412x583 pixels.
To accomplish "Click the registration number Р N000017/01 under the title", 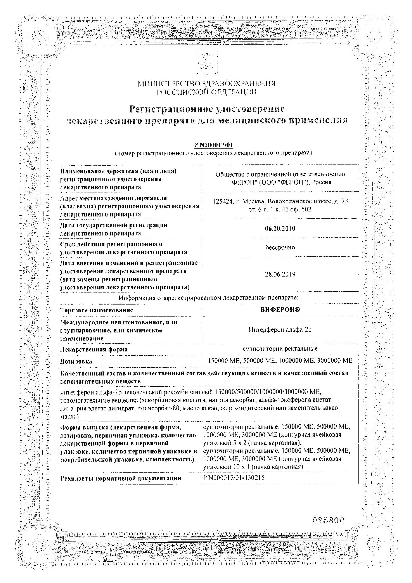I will tap(214, 145).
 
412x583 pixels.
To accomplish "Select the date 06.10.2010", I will tap(280, 229).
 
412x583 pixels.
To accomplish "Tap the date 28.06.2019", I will tap(280, 274).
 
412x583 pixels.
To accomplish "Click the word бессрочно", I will tap(280, 247).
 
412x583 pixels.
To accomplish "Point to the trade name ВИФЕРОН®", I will tap(280, 310).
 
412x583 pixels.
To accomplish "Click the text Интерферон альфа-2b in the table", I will tap(280, 330).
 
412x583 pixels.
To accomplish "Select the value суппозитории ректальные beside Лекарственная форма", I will tap(280, 349).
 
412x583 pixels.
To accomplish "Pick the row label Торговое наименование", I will tap(96, 310).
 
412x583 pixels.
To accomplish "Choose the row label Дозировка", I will tap(76, 361).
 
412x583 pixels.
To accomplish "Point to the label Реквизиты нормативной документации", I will tap(121, 478).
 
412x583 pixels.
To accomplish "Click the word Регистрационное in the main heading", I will tap(170, 109).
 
